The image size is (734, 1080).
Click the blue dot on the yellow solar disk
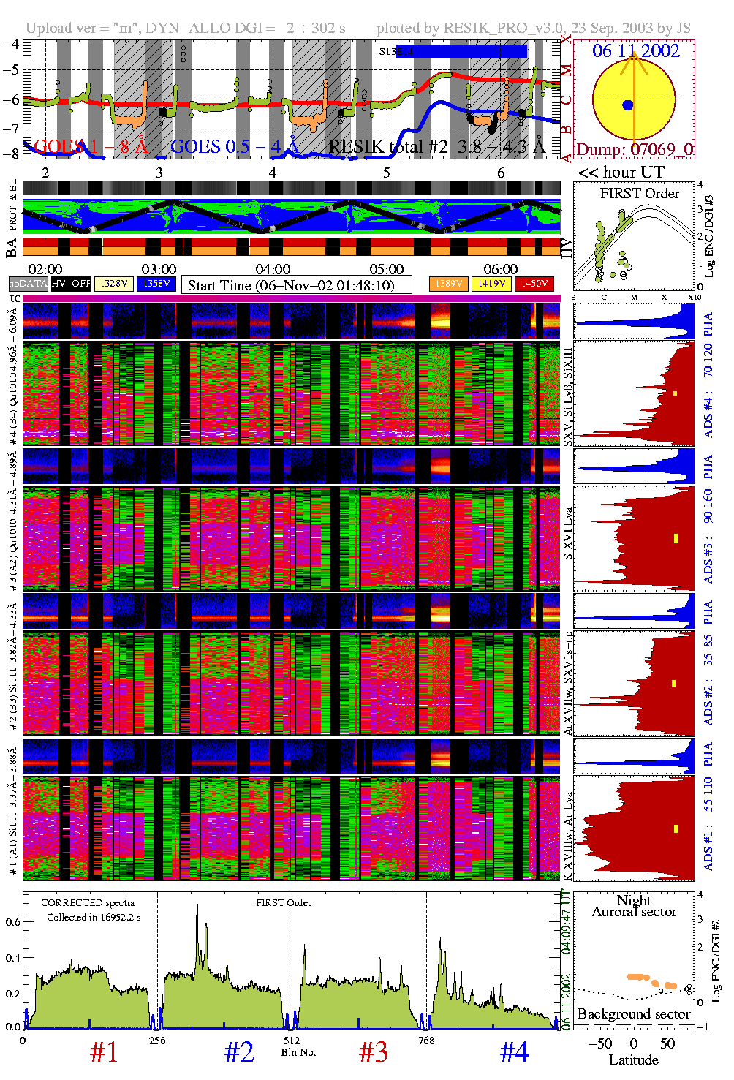627,105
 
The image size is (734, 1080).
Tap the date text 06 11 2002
635,51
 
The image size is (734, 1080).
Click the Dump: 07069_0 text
634,149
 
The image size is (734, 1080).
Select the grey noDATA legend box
28,284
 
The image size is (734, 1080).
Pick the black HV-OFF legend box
71,284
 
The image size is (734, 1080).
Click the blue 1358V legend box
156,284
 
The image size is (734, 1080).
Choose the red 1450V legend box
534,284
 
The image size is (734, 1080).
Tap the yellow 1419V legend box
491,284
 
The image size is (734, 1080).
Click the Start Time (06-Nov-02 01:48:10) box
296,285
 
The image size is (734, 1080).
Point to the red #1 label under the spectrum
104,1052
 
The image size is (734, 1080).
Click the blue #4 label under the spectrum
514,1052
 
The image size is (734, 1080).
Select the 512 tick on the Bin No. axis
292,1041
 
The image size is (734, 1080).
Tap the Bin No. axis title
298,1052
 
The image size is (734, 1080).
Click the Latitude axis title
634,1060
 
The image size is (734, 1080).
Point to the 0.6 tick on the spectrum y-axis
13,922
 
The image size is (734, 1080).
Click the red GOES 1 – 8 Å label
91,147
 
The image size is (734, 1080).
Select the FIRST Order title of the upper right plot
640,194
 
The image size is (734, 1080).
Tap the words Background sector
634,1014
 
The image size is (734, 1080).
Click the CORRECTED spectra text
88,903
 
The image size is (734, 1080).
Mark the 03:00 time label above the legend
159,269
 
